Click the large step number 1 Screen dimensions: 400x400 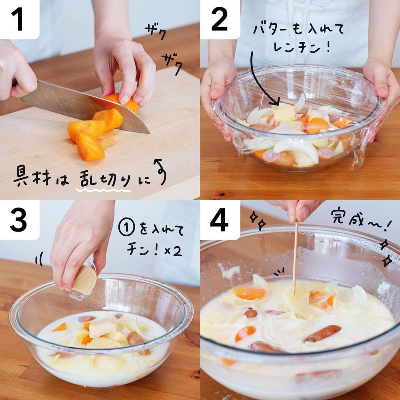(x=18, y=19)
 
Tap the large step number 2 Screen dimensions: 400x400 (x=219, y=19)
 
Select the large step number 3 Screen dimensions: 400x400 (x=18, y=220)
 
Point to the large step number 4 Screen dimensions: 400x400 (x=219, y=220)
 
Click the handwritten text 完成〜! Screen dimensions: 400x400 (x=361, y=220)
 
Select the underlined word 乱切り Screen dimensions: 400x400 (x=104, y=179)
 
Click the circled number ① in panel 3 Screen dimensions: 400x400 (x=127, y=228)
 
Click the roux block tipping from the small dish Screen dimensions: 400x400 (x=85, y=280)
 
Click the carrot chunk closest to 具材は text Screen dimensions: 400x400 (x=90, y=146)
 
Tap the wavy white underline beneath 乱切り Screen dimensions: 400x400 (x=103, y=190)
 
